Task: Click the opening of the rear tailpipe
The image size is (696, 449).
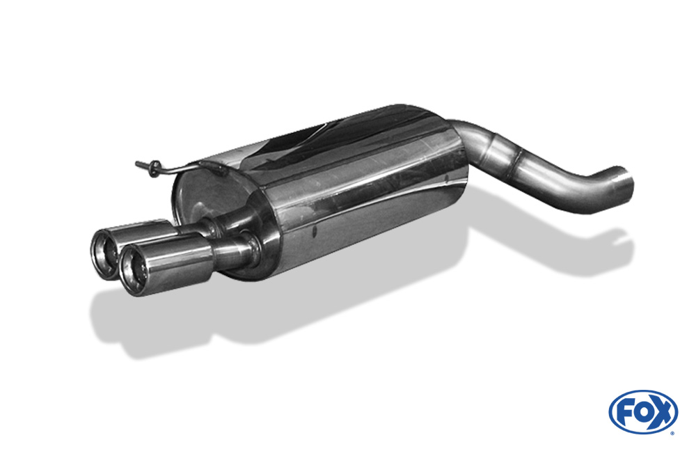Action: click(105, 254)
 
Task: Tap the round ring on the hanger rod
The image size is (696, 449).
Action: click(154, 168)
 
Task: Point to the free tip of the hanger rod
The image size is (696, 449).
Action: click(136, 164)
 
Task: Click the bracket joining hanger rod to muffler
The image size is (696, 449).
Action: click(215, 166)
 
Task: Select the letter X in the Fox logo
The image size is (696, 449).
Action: click(663, 412)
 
